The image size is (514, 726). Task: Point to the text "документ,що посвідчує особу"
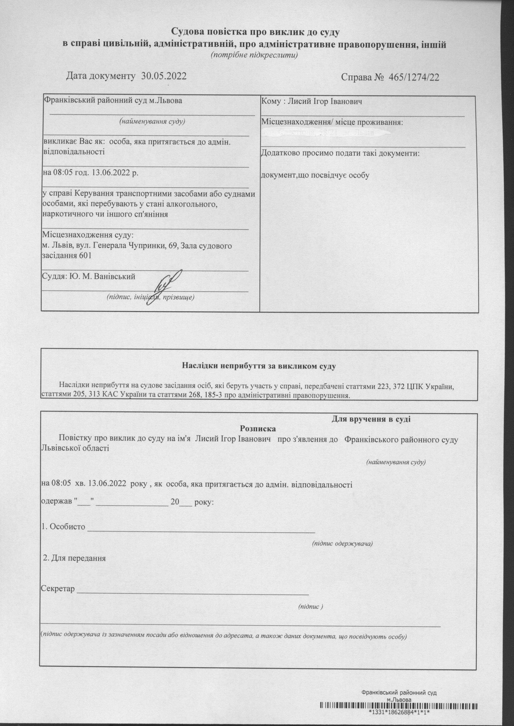pyautogui.click(x=315, y=175)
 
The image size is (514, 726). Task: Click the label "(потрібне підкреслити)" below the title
pyautogui.click(x=255, y=55)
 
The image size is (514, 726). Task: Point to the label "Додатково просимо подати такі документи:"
pyautogui.click(x=340, y=154)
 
